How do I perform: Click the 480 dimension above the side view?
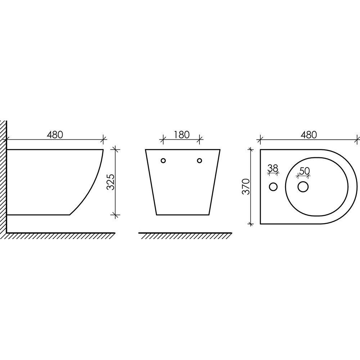pos(55,135)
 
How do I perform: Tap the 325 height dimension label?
pos(111,182)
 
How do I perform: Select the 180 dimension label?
pos(181,135)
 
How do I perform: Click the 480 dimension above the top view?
pos(309,135)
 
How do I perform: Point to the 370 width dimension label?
pos(246,186)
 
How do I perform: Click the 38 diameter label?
pos(273,168)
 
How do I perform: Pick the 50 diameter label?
pos(305,171)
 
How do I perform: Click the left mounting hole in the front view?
pos(163,161)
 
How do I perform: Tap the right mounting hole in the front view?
pos(199,161)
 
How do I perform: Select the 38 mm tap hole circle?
pos(273,186)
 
